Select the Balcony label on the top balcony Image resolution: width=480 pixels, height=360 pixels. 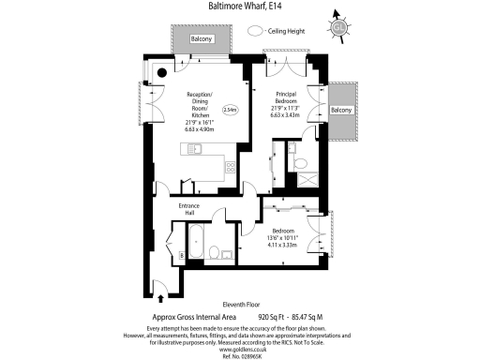pos(202,39)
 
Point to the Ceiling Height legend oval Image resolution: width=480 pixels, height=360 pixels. pos(254,31)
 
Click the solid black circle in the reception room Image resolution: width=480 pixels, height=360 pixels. pos(161,72)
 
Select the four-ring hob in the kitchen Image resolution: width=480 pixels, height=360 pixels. pos(231,167)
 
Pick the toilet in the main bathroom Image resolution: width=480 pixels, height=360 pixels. pos(214,250)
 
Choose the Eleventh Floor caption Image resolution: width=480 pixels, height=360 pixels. pos(240,304)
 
